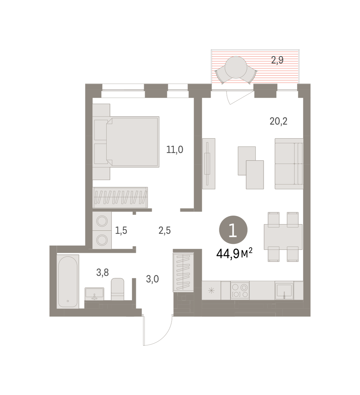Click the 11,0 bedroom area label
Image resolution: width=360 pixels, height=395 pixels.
point(175,150)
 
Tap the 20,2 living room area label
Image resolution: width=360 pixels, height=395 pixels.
point(278,121)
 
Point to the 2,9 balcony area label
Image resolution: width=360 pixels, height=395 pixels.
point(277,60)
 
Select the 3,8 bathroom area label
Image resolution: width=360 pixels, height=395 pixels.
point(102,273)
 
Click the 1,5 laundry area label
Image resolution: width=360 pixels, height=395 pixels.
point(121,230)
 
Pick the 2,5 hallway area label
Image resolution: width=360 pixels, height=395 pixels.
point(165,230)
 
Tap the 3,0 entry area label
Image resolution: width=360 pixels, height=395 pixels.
point(152,279)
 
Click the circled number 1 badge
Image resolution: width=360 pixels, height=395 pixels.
point(233,230)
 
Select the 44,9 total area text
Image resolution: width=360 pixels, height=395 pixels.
point(234,254)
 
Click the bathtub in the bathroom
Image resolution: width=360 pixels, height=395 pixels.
point(68,281)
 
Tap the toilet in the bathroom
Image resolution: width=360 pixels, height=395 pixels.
point(118,289)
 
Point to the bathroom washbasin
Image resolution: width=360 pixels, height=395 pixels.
point(95,294)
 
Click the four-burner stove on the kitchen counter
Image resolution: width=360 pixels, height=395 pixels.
point(240,291)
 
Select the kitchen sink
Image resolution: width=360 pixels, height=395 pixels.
point(284,291)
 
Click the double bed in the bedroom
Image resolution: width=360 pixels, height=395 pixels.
point(126,142)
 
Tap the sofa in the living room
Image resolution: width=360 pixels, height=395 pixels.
point(289,164)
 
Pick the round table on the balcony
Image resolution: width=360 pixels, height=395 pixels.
point(236,67)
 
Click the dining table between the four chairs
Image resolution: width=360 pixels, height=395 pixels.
point(283,237)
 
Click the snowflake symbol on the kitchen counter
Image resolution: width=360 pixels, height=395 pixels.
point(211,291)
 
